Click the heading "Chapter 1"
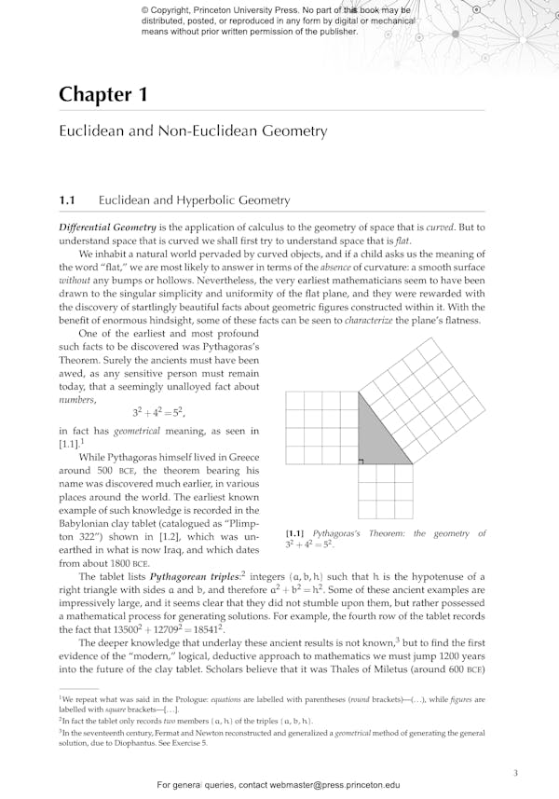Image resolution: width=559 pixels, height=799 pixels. coord(95,94)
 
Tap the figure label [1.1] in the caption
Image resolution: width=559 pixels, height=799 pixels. coord(295,534)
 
